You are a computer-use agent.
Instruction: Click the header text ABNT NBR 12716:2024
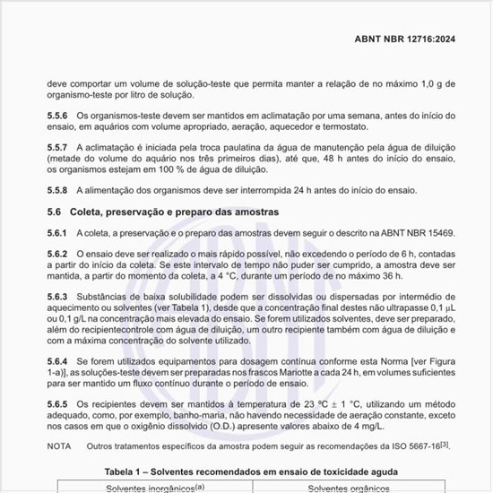(404, 39)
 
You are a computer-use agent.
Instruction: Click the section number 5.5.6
(58, 116)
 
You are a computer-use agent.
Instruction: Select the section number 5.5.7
(58, 146)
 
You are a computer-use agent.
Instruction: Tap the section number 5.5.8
(58, 191)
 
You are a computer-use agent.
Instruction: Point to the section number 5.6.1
(58, 233)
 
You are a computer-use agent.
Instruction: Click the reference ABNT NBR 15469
(415, 233)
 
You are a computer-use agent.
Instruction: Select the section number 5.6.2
(58, 254)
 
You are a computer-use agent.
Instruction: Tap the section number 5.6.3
(58, 297)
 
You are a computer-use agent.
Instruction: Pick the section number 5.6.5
(58, 404)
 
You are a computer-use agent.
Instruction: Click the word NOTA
(59, 445)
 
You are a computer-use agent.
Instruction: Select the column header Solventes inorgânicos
(152, 489)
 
